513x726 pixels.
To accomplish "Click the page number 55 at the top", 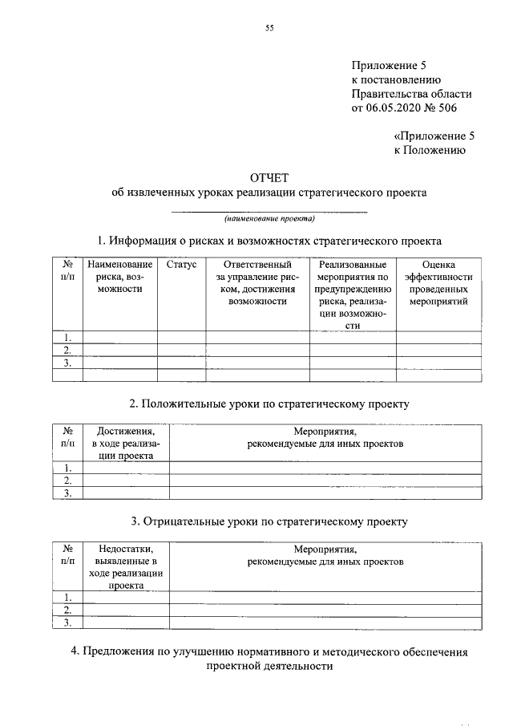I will (269, 29).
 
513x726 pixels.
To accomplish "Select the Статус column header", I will (181, 265).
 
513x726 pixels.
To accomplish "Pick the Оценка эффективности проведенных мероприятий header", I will (438, 282).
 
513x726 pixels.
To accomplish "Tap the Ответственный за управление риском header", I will (256, 282).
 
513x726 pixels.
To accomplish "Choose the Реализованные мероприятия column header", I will (352, 294).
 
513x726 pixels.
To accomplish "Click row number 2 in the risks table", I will (68, 350).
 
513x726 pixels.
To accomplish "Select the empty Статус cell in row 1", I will (181, 337).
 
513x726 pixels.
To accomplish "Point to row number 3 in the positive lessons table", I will (68, 493).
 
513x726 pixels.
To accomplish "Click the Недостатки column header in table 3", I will (126, 567).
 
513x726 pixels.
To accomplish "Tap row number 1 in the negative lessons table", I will (68, 597).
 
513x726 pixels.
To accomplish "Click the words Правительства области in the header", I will (406, 94).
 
